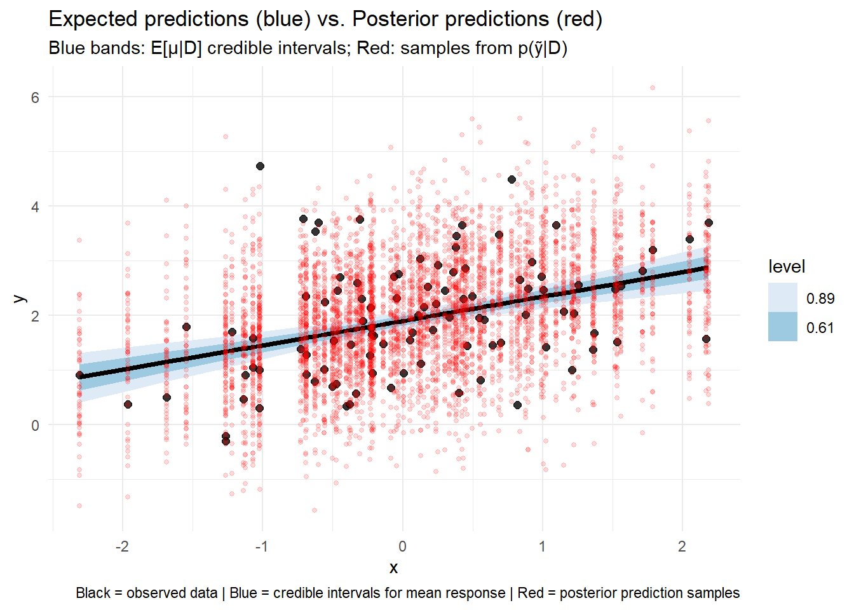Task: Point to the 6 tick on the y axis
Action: tap(35, 97)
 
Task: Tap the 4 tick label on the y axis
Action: tap(35, 207)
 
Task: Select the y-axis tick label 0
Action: tap(35, 425)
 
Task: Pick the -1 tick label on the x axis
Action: tap(261, 546)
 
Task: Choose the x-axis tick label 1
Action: tap(542, 546)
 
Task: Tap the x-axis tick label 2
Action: tap(682, 546)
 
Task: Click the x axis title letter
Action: tap(394, 568)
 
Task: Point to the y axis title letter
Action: tap(20, 297)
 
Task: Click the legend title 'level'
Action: tap(787, 267)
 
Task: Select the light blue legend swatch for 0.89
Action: tap(782, 297)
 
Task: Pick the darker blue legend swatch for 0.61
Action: tap(782, 327)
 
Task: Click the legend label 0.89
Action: tap(820, 299)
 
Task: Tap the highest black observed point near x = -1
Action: tap(260, 166)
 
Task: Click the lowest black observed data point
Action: tap(226, 441)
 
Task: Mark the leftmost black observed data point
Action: tap(79, 376)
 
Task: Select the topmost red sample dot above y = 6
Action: tap(652, 88)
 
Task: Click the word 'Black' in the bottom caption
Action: tap(93, 593)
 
